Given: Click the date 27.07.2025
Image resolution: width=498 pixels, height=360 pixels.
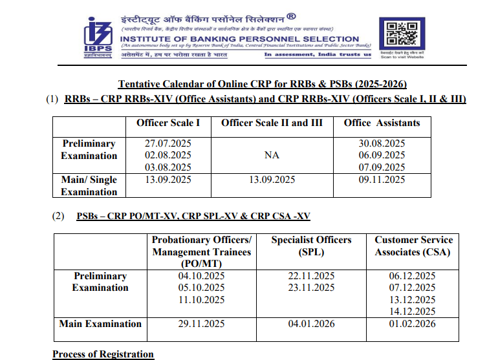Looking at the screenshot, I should click(168, 143).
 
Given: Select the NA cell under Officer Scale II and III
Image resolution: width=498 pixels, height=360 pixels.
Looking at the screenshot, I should click(272, 156).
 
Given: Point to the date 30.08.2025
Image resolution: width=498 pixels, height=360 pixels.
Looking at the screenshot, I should click(382, 143).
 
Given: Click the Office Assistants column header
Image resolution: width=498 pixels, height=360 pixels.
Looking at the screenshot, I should click(382, 123).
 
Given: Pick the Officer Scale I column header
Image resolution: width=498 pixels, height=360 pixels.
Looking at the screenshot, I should click(168, 123).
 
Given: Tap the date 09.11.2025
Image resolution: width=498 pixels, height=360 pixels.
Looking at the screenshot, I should click(382, 180).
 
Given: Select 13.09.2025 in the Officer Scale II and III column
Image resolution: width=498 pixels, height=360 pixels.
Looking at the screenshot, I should click(272, 180).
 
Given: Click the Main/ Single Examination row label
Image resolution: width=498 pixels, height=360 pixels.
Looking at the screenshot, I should click(89, 185).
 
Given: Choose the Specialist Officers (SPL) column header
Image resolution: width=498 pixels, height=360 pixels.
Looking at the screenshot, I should click(311, 246).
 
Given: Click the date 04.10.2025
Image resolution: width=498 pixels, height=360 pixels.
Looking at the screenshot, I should click(201, 276).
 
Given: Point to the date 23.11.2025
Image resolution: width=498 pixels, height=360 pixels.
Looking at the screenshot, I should click(311, 288).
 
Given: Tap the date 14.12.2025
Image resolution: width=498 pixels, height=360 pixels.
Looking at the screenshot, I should click(413, 312).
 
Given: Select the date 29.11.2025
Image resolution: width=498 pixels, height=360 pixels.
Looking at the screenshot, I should click(201, 324).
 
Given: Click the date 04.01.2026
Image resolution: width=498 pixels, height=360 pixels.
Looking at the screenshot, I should click(311, 324).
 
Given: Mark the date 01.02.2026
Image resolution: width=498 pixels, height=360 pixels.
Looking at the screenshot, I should click(413, 324).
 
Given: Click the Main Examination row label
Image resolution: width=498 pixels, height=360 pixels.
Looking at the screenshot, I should click(100, 324).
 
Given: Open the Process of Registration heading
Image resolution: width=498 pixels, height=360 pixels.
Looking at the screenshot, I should click(103, 354).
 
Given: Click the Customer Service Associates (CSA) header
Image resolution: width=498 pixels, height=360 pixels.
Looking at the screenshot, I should click(413, 246).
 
